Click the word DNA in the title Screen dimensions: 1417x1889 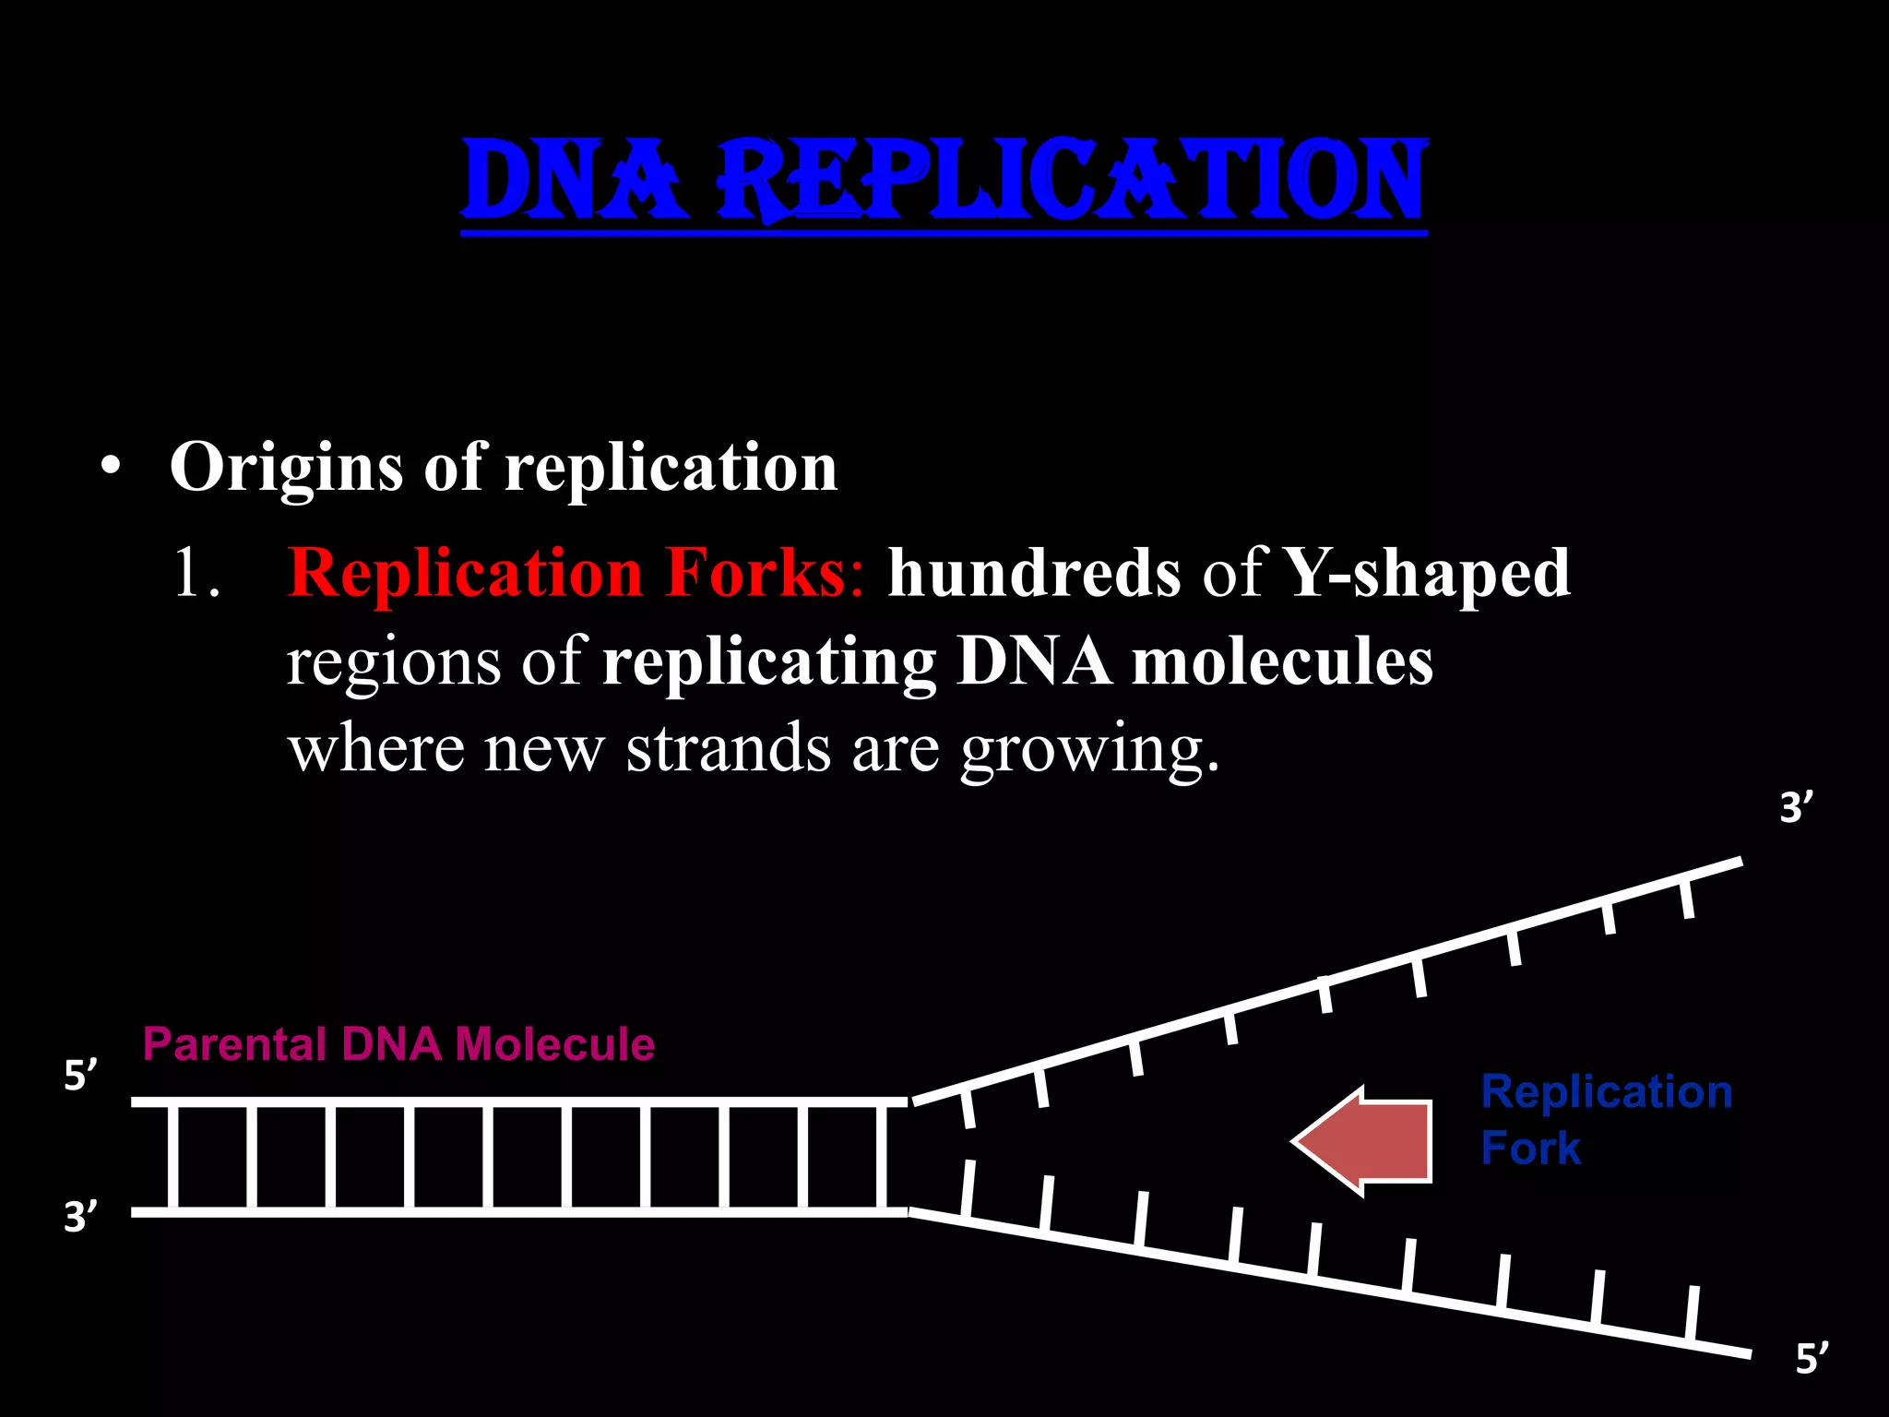576,180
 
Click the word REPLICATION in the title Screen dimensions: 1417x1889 1073,180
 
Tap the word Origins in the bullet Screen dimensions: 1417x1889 286,468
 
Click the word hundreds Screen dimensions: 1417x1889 1034,573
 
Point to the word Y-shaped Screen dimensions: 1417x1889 1427,573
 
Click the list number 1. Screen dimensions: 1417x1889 196,573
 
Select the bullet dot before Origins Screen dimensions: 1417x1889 112,467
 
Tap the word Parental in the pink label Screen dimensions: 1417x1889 234,1044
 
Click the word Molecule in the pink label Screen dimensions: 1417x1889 555,1044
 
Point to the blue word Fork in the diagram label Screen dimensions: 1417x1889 1530,1149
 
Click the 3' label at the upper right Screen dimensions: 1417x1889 1795,808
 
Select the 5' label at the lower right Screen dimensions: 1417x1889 1812,1360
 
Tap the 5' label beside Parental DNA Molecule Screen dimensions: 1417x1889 80,1076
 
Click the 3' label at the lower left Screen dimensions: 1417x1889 80,1218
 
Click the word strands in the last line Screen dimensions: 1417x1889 729,749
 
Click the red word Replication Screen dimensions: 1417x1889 465,573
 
